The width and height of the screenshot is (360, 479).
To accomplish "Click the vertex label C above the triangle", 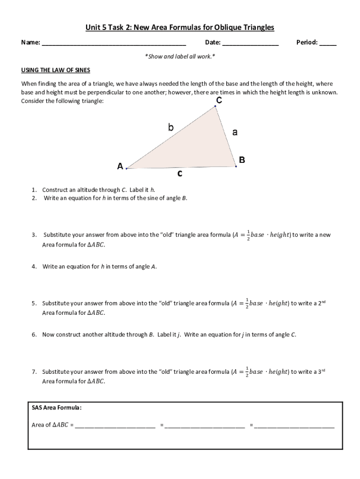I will pyautogui.click(x=219, y=101).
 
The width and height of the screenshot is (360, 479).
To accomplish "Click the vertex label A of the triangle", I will pyautogui.click(x=120, y=166).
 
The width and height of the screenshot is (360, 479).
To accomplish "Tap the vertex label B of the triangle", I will pyautogui.click(x=242, y=160).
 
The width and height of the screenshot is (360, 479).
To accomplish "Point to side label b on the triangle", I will pyautogui.click(x=171, y=127).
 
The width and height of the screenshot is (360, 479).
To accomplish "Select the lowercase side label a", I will pyautogui.click(x=235, y=132).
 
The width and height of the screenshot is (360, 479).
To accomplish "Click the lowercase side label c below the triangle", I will pyautogui.click(x=180, y=174).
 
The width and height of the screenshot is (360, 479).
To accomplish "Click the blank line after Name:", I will pyautogui.click(x=114, y=44).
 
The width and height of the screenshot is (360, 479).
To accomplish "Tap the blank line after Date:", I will pyautogui.click(x=251, y=44).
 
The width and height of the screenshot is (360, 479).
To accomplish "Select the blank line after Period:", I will pyautogui.click(x=328, y=44).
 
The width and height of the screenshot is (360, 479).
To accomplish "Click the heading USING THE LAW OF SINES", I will pyautogui.click(x=56, y=70).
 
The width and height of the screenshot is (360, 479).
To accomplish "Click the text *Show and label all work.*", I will pyautogui.click(x=180, y=57).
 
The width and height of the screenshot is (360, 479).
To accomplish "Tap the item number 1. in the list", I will pyautogui.click(x=35, y=190).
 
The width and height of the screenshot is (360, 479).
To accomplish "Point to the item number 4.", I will pyautogui.click(x=35, y=267).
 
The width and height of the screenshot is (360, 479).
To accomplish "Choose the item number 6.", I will pyautogui.click(x=35, y=335).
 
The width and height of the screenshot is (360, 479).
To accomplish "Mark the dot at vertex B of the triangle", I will pyautogui.click(x=236, y=166).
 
